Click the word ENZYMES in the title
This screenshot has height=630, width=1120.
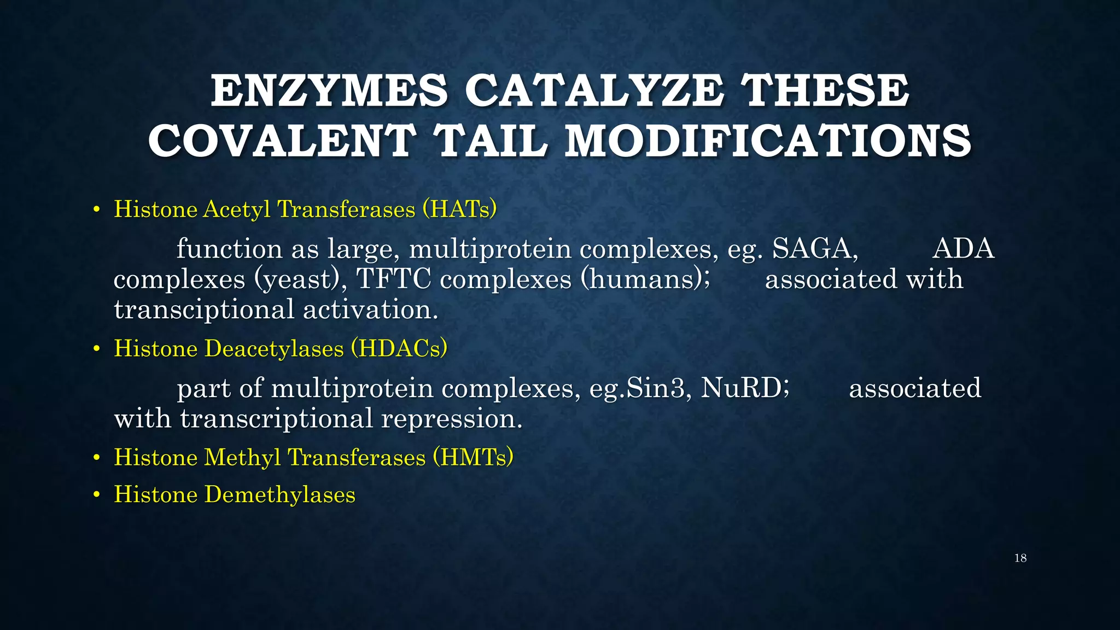point(329,91)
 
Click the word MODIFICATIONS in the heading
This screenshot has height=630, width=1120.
point(768,141)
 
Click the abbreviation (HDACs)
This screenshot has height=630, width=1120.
point(399,348)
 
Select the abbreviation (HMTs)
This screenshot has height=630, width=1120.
point(473,457)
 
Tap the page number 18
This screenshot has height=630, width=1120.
point(1020,558)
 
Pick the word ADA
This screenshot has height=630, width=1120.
point(963,249)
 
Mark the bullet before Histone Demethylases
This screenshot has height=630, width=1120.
point(97,495)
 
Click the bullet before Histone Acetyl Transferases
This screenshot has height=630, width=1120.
point(97,210)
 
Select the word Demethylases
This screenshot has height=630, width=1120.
point(280,494)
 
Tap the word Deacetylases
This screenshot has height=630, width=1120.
point(274,348)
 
